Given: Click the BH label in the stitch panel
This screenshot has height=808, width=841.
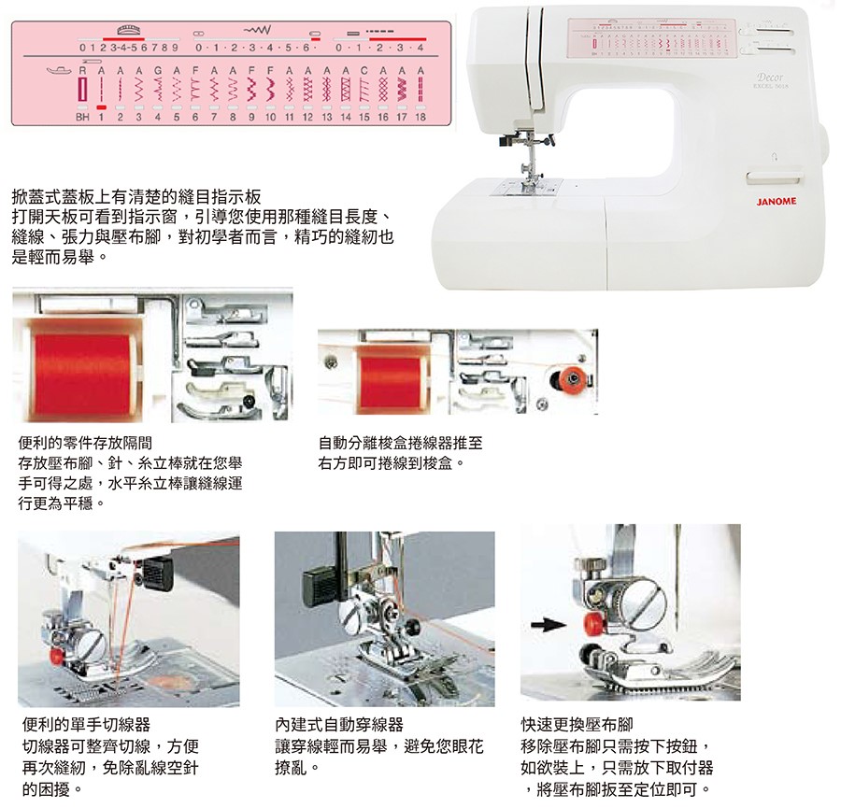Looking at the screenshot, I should [x=83, y=118].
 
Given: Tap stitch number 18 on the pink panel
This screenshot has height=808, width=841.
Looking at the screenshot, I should [x=420, y=118].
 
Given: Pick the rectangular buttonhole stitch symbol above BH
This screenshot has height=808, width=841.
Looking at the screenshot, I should [x=82, y=91].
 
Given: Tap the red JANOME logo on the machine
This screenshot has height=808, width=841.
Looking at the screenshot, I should [x=776, y=202].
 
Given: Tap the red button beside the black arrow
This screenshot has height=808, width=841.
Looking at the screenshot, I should [x=590, y=623].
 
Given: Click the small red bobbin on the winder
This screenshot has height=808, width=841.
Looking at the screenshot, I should [x=565, y=378].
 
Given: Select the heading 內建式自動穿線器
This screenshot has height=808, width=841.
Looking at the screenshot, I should [x=339, y=724].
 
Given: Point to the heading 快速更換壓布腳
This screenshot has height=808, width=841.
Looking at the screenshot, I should [x=577, y=724].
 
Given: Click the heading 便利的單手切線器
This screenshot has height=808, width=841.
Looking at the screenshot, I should [x=85, y=724].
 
